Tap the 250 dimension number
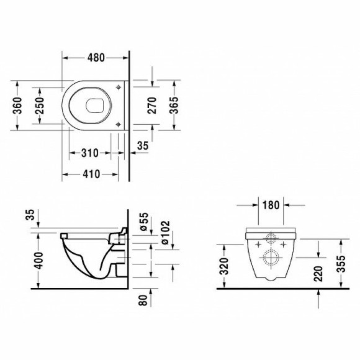[42, 105]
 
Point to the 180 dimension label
[270, 205]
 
